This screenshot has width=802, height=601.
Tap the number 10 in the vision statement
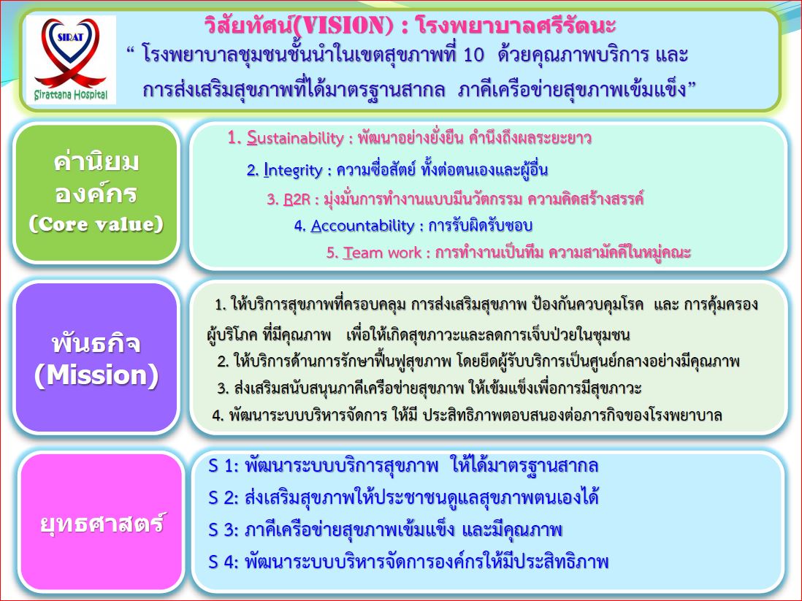(x=473, y=54)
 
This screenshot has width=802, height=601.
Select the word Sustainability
(x=295, y=138)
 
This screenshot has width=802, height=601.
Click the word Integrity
(x=293, y=170)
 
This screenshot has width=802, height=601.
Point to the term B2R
(x=297, y=199)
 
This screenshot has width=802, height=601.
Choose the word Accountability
(x=362, y=226)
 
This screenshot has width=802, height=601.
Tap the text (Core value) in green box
(x=96, y=224)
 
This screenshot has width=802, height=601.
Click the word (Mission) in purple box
(x=96, y=375)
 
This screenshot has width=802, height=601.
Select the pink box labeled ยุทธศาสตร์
(x=102, y=522)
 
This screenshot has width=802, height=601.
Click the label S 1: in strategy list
(x=224, y=466)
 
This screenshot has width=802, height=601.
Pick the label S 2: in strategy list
(x=224, y=498)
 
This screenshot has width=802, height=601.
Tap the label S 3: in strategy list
(x=224, y=530)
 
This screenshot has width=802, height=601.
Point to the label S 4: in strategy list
(x=224, y=562)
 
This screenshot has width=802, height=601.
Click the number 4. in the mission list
(x=218, y=416)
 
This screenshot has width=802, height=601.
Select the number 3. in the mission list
(x=223, y=388)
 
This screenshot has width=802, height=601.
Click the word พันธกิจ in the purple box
(x=96, y=342)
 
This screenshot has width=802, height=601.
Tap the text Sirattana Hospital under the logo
(x=71, y=95)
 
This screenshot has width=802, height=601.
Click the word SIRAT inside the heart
(x=71, y=37)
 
